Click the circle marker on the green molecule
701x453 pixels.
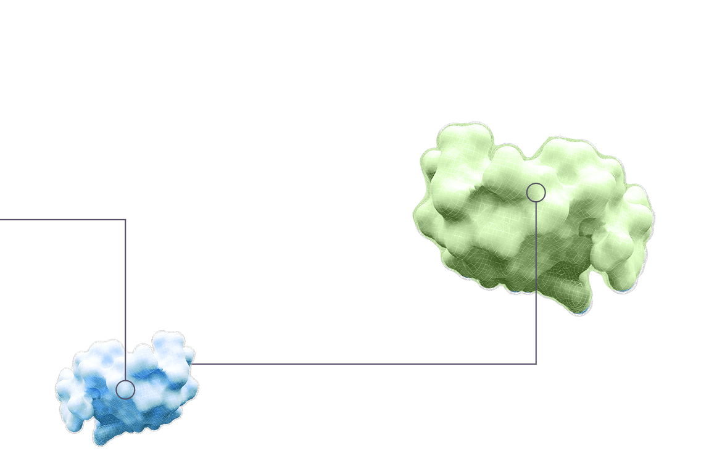(536, 193)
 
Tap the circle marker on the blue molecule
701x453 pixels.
(125, 389)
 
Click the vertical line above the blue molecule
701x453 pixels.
(125, 278)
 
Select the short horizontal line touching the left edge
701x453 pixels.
(62, 219)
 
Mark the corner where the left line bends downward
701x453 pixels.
(125, 219)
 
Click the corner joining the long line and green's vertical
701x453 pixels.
(536, 364)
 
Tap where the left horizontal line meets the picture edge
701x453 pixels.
(1, 219)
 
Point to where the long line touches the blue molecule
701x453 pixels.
(194, 364)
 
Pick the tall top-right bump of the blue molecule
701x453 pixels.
(168, 343)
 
